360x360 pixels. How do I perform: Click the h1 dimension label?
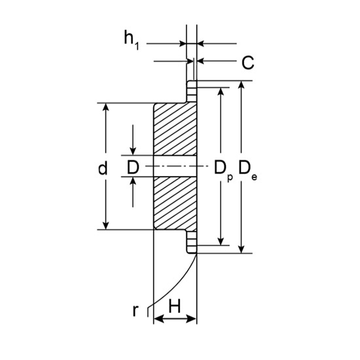click(x=132, y=40)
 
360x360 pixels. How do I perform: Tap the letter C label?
click(x=247, y=62)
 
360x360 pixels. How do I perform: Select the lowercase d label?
click(x=103, y=168)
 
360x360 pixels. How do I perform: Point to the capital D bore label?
click(x=133, y=168)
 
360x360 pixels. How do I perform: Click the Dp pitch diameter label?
click(x=223, y=171)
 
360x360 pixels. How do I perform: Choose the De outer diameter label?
click(x=247, y=170)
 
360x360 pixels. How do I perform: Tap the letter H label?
click(x=175, y=306)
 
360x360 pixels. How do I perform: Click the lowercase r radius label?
click(x=135, y=311)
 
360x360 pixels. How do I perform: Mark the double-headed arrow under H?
click(x=175, y=319)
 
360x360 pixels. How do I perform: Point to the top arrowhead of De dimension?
click(x=241, y=84)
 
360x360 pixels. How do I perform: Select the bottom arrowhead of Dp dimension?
click(x=221, y=242)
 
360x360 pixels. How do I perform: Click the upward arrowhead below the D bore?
click(x=133, y=181)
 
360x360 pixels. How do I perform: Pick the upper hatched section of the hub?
click(x=175, y=129)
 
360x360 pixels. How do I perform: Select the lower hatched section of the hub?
click(x=175, y=203)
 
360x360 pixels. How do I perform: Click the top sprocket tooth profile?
click(x=192, y=91)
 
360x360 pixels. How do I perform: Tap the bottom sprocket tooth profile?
click(x=192, y=242)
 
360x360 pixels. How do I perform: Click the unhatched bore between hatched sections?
click(x=175, y=166)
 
